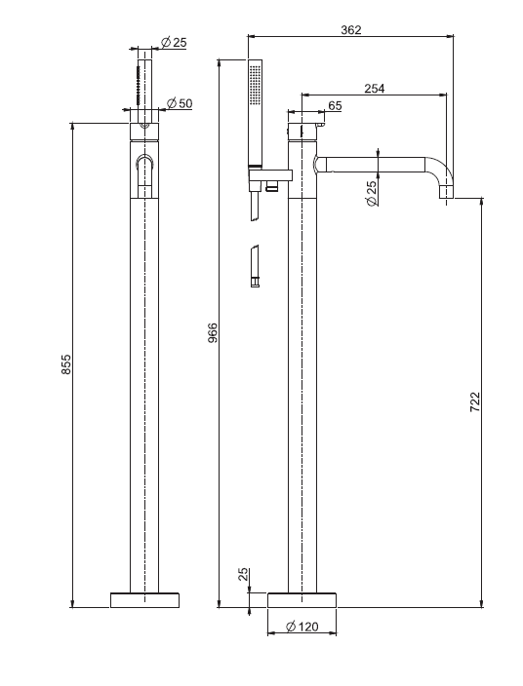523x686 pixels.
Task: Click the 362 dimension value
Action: pos(351,30)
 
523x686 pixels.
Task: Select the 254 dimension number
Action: pos(375,89)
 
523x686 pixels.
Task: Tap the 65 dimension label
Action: pos(335,106)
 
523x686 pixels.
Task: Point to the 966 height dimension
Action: pos(213,333)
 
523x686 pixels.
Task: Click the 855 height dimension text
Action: pos(65,364)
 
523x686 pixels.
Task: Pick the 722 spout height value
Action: pos(475,401)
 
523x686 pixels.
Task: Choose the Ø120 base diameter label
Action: pos(302,627)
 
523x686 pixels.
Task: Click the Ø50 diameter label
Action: pos(180,103)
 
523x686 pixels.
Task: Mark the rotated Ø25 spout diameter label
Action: pos(372,193)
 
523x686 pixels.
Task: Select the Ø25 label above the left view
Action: pos(174,43)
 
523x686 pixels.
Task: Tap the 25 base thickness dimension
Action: pos(244,574)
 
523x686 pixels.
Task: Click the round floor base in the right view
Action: pos(302,600)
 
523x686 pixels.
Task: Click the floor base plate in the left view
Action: pos(144,600)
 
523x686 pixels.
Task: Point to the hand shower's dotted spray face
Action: pos(255,85)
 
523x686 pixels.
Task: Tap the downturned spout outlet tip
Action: pos(446,192)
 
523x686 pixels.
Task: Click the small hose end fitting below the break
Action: pos(255,283)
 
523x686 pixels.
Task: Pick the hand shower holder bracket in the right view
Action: pos(270,175)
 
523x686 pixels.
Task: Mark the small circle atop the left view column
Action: pos(144,127)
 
